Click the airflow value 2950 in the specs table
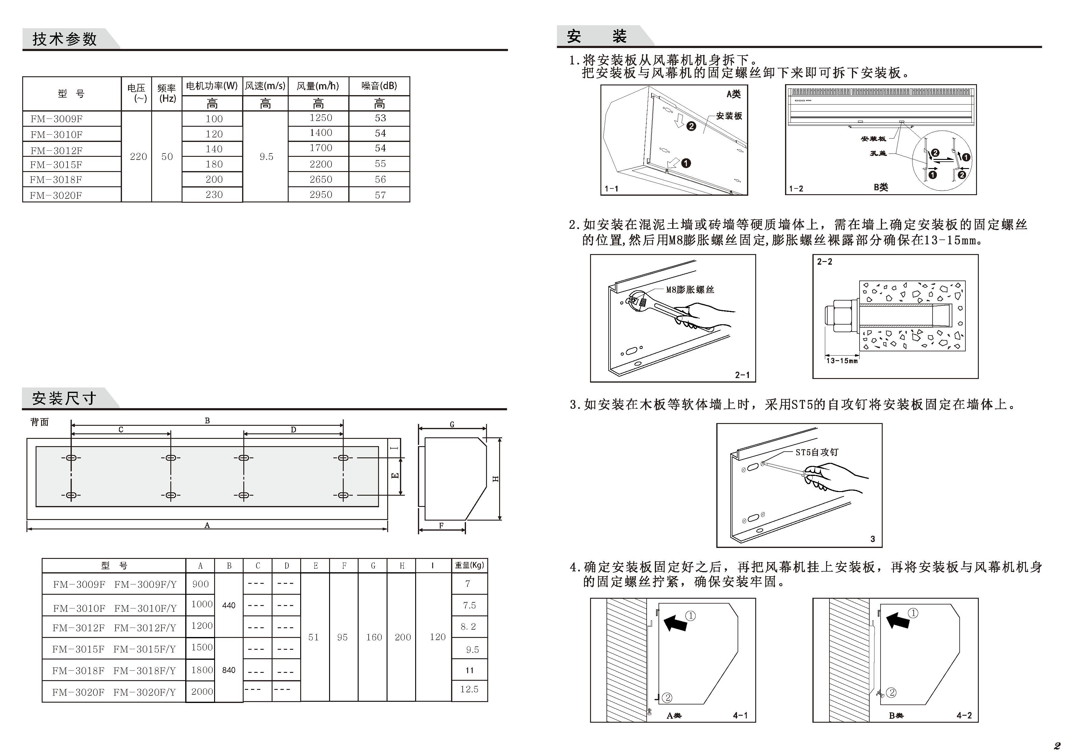point(321,195)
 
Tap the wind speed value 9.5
point(266,157)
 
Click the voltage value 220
point(138,157)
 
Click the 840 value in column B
point(229,670)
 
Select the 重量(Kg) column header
point(469,565)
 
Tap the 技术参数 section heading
point(64,39)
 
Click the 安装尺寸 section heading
point(64,398)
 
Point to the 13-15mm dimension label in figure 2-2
point(842,361)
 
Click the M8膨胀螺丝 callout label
point(690,290)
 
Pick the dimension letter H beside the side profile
point(495,479)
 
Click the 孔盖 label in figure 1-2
point(878,153)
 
